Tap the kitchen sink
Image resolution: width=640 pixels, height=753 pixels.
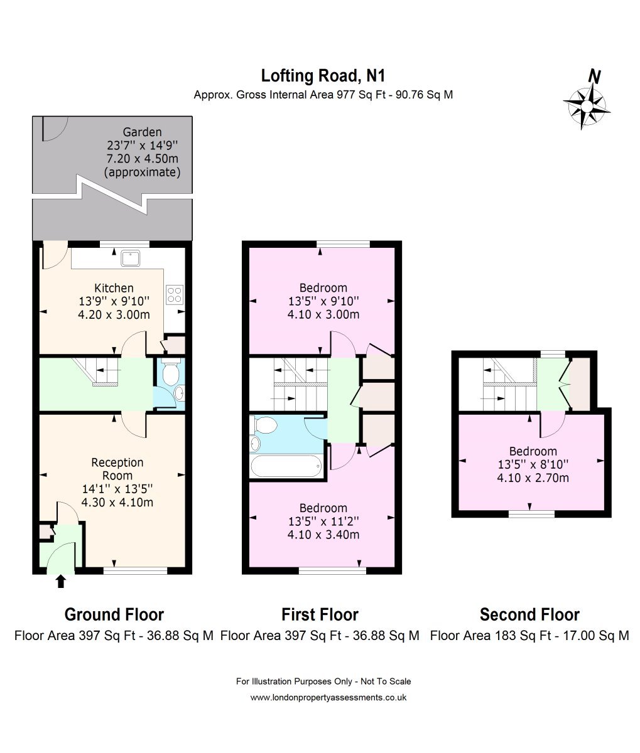point(131,258)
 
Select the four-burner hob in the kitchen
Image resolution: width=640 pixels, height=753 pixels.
point(175,295)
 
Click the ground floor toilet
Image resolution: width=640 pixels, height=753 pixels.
point(170,371)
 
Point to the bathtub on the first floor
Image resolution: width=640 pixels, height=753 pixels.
point(286,466)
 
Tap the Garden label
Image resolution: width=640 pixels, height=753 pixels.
point(142,132)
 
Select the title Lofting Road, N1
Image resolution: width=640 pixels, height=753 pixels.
point(323,76)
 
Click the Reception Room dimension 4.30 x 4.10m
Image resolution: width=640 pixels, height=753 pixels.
point(117,503)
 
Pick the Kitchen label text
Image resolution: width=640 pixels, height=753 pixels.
point(114,288)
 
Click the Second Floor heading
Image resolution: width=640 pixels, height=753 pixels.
point(529,615)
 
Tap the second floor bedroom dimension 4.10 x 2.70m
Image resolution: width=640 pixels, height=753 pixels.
point(533,478)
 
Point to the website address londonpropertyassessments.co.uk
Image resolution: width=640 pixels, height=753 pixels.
point(328,697)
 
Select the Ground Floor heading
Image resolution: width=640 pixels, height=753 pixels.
point(114,615)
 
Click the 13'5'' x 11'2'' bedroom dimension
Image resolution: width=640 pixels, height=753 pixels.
point(323,521)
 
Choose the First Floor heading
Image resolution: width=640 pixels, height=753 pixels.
point(320,615)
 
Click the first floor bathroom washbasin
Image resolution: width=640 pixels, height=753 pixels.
point(255,444)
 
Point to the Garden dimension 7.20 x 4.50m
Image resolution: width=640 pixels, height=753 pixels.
point(142,159)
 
